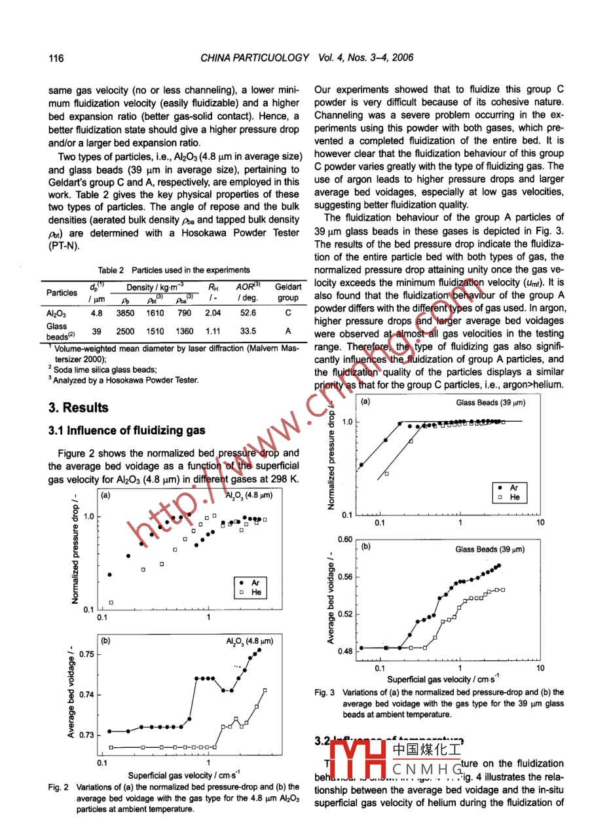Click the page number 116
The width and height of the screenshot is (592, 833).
point(56,58)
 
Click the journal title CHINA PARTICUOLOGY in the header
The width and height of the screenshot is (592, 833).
point(255,58)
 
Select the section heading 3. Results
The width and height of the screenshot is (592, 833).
point(79,408)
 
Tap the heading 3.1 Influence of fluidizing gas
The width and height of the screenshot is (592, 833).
point(127,430)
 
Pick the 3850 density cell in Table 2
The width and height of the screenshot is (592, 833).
point(125,313)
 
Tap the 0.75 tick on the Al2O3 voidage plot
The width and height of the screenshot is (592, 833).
point(85,654)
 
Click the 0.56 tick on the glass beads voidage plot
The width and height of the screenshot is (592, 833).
point(344,577)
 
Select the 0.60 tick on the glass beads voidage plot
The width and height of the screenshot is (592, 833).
point(344,540)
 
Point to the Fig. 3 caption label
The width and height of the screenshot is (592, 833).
point(325,692)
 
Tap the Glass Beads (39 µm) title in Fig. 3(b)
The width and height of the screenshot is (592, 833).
point(490,549)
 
